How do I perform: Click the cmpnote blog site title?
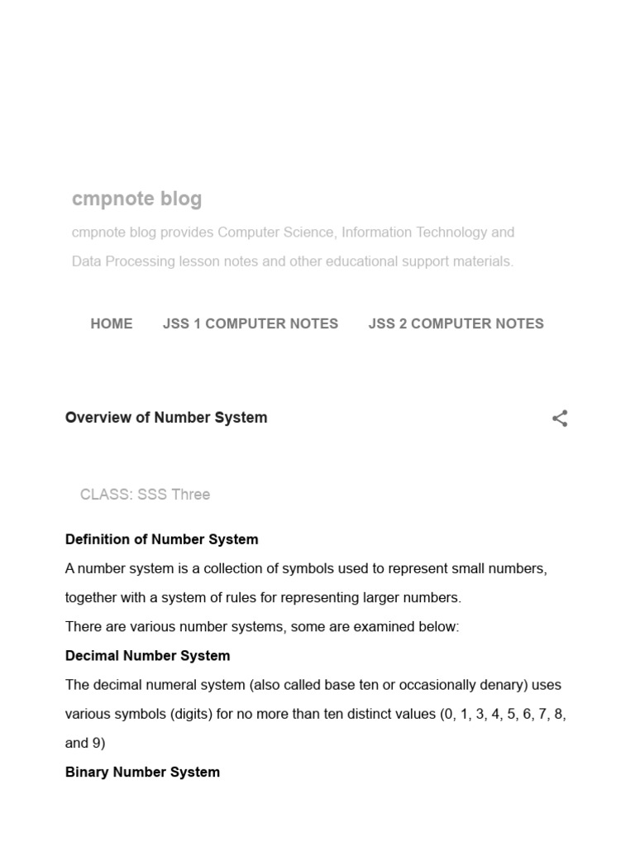[136, 199]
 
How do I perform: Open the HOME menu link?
[112, 323]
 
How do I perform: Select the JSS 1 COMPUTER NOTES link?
[251, 323]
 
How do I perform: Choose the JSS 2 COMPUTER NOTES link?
[456, 323]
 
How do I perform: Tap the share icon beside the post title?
[560, 419]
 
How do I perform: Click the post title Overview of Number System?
[166, 418]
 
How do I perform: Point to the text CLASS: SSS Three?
[145, 495]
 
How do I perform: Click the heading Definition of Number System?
[161, 539]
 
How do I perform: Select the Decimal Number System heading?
[147, 656]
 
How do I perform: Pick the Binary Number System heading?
[142, 772]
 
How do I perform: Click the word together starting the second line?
[93, 598]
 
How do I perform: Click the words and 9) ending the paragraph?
[85, 743]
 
